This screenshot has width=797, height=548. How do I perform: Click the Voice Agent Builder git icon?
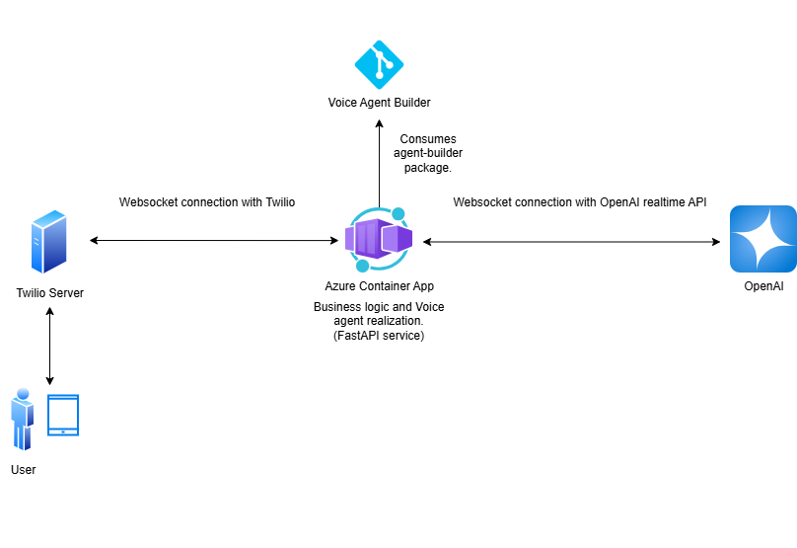379,64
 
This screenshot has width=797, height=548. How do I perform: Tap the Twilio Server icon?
49,241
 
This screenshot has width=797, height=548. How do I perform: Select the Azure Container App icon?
379,240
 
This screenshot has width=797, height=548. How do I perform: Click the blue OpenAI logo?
762,239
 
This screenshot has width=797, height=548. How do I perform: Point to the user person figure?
22,419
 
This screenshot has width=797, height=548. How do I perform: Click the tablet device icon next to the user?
63,416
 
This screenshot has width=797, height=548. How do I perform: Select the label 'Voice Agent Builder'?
380,103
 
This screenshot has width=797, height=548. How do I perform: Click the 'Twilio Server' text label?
49,292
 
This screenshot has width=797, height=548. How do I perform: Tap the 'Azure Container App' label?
379,286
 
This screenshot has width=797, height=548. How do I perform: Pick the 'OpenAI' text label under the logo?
763,286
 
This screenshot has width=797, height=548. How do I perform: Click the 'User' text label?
23,470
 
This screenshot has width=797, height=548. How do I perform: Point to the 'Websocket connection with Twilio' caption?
207,202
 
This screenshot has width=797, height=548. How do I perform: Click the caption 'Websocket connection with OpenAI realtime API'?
579,202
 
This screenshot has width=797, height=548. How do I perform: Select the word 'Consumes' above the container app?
428,139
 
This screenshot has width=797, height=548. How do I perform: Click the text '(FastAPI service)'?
379,336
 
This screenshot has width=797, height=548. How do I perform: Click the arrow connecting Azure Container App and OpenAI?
570,241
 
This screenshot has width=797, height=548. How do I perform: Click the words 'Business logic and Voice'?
379,307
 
